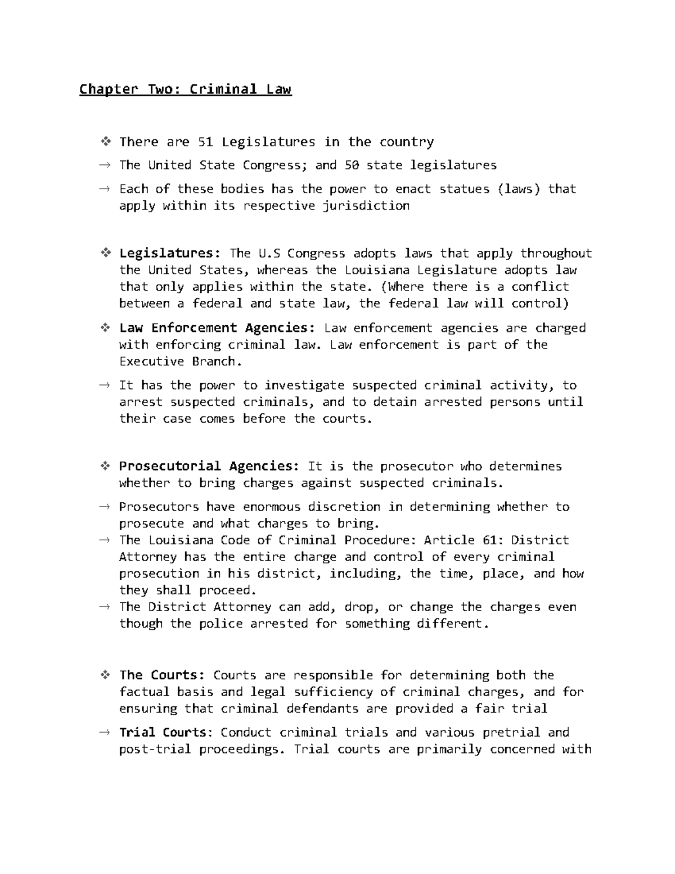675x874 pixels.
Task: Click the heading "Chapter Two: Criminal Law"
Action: click(x=185, y=89)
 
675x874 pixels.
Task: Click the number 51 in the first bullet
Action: click(x=205, y=142)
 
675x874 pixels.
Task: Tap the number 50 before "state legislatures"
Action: click(x=351, y=165)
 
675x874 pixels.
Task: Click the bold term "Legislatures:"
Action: click(x=170, y=253)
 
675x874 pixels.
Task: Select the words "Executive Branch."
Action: click(x=181, y=361)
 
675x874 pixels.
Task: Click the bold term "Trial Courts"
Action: click(x=163, y=732)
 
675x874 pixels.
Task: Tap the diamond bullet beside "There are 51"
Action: click(x=105, y=142)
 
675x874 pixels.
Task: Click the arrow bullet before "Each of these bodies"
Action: click(x=105, y=189)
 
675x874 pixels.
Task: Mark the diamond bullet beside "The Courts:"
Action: click(x=105, y=675)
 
